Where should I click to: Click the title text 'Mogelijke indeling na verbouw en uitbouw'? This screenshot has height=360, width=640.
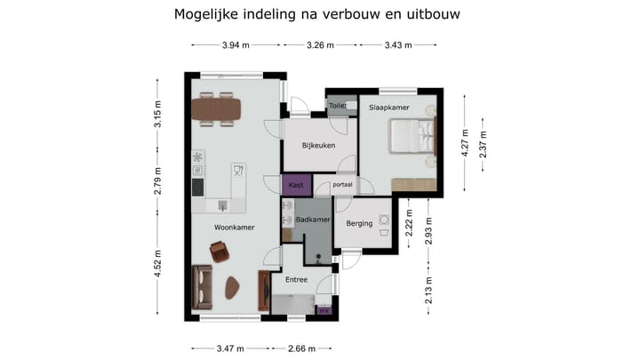[x=317, y=14]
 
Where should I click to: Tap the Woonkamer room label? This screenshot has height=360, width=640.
[x=235, y=228]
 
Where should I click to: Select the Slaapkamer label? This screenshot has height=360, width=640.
[x=388, y=108]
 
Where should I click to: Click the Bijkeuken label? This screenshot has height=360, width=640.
[x=318, y=146]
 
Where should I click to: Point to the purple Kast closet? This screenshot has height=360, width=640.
[x=297, y=185]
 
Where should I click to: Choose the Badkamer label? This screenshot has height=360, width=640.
[x=314, y=220]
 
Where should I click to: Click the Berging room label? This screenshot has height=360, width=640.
[x=359, y=224]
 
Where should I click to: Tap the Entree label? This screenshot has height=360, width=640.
[x=296, y=280]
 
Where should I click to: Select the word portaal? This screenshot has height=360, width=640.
[x=342, y=186]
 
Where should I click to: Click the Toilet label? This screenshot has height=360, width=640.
[x=338, y=106]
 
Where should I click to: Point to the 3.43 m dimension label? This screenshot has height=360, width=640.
[x=397, y=45]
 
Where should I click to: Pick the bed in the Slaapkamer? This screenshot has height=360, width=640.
[x=412, y=137]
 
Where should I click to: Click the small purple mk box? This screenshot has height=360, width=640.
[x=324, y=311]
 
